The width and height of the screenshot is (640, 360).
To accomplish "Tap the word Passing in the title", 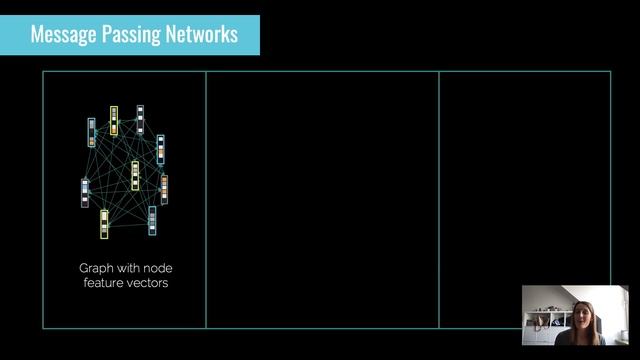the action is pyautogui.click(x=130, y=35).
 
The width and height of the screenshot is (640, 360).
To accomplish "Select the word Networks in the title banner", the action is pyautogui.click(x=200, y=35).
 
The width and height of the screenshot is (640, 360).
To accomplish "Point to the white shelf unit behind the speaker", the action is pyautogui.click(x=546, y=325).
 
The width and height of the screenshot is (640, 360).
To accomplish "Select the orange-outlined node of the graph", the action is pyautogui.click(x=164, y=189).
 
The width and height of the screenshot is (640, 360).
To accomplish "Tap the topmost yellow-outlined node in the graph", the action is pyautogui.click(x=114, y=121).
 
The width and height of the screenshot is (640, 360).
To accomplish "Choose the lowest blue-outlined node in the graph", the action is pyautogui.click(x=152, y=221).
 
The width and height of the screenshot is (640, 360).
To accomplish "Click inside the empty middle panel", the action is pyautogui.click(x=322, y=200).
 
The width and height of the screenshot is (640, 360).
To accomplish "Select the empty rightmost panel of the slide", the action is pyautogui.click(x=524, y=180).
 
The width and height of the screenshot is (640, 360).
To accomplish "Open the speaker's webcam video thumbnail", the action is pyautogui.click(x=575, y=315).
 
